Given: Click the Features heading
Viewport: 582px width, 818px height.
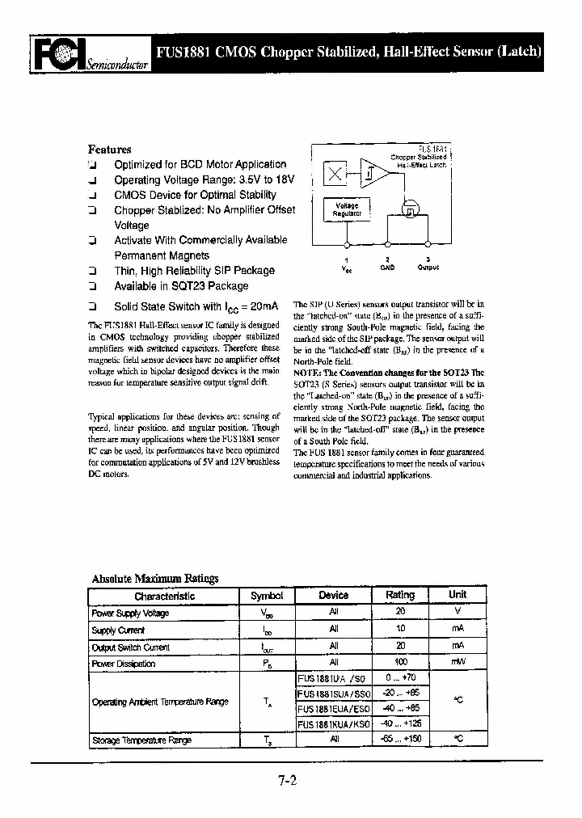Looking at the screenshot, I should [x=109, y=150].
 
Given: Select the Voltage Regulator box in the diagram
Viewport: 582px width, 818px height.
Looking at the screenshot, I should [x=347, y=209].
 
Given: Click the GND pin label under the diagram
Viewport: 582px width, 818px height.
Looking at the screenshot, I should [x=387, y=267].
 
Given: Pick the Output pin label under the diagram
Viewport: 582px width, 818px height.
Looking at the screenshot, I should [x=428, y=267].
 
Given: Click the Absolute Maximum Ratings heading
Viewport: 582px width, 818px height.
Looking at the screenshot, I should [x=155, y=579].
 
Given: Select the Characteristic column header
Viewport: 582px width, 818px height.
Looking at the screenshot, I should [x=164, y=596].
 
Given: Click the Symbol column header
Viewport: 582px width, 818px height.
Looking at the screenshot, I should [x=267, y=596].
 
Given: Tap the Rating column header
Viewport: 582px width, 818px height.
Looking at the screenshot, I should [x=400, y=595].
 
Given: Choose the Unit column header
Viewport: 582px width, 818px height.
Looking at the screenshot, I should [x=458, y=595].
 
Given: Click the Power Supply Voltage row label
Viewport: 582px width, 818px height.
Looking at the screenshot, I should [x=130, y=613].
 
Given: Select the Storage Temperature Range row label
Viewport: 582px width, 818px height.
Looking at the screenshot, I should [x=141, y=740].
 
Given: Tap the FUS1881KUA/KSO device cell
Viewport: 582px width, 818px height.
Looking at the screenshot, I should [x=333, y=724].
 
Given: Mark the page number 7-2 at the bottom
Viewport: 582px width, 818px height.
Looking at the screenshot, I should [x=288, y=782].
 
